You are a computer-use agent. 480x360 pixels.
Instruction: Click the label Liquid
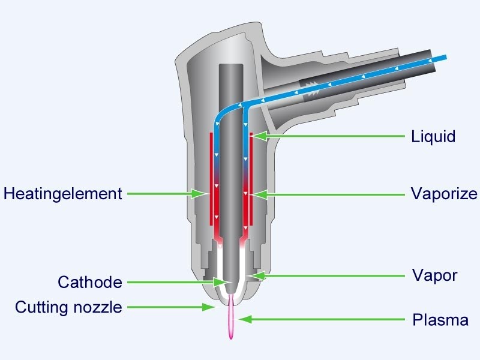pyautogui.click(x=433, y=137)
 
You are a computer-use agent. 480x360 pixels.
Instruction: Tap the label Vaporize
pyautogui.click(x=443, y=194)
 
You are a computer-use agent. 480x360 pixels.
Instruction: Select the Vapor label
pyautogui.click(x=434, y=275)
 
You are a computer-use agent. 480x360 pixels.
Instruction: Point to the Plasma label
pyautogui.click(x=440, y=320)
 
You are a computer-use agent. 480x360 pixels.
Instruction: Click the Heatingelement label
pyautogui.click(x=62, y=194)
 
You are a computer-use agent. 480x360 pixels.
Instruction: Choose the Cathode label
pyautogui.click(x=89, y=282)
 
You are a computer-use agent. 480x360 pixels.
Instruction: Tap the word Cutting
pyautogui.click(x=41, y=308)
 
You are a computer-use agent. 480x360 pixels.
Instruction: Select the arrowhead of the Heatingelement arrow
pyautogui.click(x=205, y=194)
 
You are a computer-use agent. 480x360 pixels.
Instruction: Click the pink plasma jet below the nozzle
pyautogui.click(x=231, y=321)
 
